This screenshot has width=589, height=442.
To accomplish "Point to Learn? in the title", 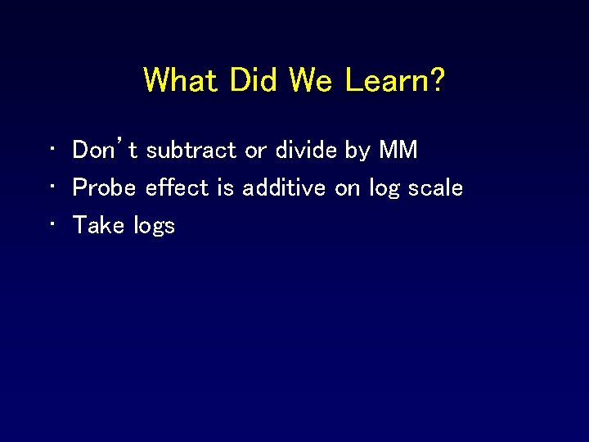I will tap(396, 80).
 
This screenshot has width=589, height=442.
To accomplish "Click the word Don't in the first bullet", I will tap(106, 150).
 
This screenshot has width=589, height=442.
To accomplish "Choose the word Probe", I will tap(106, 187).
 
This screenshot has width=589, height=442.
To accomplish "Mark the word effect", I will tap(177, 187).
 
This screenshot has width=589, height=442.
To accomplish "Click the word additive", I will tap(286, 187).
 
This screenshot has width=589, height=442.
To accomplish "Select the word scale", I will tap(434, 187).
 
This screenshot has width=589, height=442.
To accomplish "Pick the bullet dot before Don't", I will tap(51, 151).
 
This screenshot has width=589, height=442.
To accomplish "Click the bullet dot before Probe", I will tap(51, 188).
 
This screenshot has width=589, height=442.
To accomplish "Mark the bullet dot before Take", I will tap(51, 226).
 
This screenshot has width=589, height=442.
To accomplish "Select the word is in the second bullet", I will tap(225, 187).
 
